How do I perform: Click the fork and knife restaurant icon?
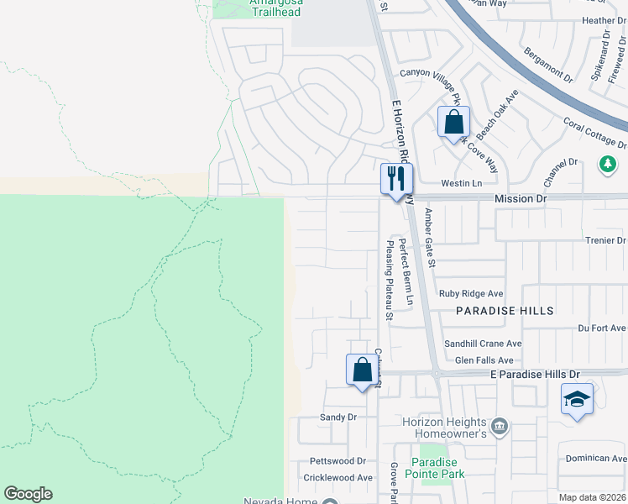(x=397, y=178)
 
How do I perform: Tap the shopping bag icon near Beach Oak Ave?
(x=453, y=123)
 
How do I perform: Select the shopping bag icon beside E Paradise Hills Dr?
(x=362, y=370)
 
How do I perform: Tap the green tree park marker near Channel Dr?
(x=607, y=163)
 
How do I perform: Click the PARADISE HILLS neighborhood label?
(x=505, y=311)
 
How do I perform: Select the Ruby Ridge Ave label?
(x=471, y=294)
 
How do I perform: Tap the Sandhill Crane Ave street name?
(x=483, y=344)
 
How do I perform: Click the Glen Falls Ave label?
(x=484, y=360)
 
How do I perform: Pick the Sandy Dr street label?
(x=338, y=417)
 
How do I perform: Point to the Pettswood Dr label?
(x=338, y=461)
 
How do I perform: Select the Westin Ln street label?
(x=462, y=183)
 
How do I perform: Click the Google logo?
(x=28, y=494)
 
